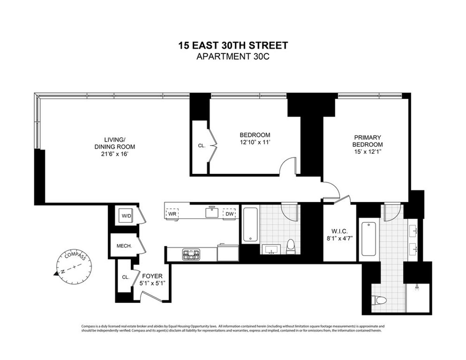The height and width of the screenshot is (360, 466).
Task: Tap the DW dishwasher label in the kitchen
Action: click(x=229, y=213)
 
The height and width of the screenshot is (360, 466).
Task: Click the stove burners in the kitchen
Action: click(x=191, y=255)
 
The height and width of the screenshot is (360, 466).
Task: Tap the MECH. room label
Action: click(x=124, y=246)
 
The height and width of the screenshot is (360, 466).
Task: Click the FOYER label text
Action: click(x=152, y=276)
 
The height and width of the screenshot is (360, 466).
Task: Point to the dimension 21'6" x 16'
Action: click(x=114, y=154)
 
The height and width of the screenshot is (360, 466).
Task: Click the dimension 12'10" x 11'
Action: click(x=254, y=143)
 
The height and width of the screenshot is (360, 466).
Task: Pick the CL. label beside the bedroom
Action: click(x=202, y=146)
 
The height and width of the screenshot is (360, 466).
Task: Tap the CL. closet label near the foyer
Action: click(x=125, y=277)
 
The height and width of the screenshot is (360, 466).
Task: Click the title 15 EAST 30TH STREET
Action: click(x=233, y=45)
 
